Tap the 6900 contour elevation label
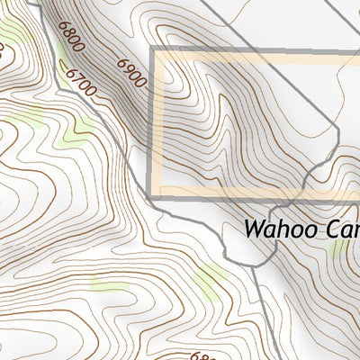click(x=130, y=71)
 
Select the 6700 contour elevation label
click(x=81, y=85)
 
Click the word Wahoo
click(x=278, y=229)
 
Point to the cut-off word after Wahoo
click(x=339, y=229)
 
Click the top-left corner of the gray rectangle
click(x=151, y=48)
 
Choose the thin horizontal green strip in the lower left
click(x=109, y=287)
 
